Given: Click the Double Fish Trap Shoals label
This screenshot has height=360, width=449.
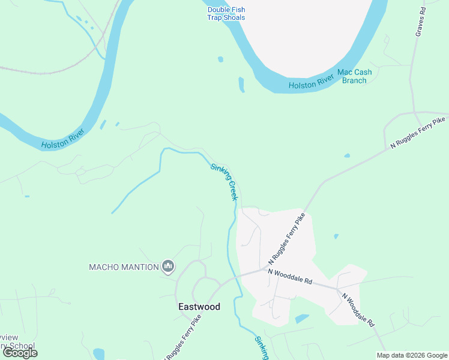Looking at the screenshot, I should click(226, 13).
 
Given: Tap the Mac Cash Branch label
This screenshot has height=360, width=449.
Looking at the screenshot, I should click(354, 76).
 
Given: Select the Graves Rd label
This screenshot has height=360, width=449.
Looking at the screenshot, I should click(421, 22).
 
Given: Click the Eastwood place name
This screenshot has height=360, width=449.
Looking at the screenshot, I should click(199, 307).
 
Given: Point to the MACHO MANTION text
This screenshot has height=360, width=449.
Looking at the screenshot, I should click(124, 267).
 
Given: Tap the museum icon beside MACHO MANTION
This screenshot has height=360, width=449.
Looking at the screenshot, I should click(168, 266).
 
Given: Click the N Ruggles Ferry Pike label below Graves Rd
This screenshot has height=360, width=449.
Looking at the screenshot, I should click(418, 134).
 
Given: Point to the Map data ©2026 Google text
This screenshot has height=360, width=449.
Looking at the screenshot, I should click(412, 355).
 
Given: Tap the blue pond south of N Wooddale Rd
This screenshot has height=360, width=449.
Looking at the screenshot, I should click(302, 319).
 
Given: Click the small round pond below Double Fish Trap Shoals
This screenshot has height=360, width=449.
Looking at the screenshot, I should click(220, 59).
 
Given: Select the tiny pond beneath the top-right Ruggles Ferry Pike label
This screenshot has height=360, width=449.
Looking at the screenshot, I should click(347, 156).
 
